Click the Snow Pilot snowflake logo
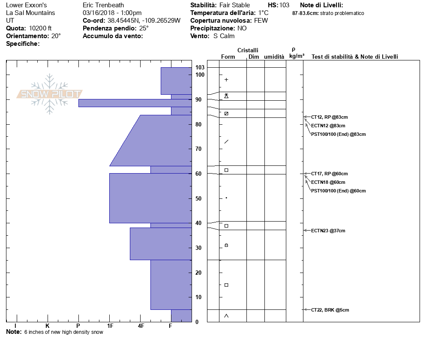(x=50, y=94)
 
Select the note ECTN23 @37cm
(x=328, y=231)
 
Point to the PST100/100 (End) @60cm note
(x=338, y=191)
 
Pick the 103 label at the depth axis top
(x=200, y=67)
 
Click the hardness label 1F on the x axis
(x=110, y=326)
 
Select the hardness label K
(x=47, y=326)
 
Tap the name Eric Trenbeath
(x=103, y=5)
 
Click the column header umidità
(x=274, y=57)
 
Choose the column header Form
(x=228, y=57)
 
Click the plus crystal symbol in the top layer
(x=226, y=80)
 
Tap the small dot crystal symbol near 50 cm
(x=226, y=198)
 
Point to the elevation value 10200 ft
(x=40, y=28)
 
